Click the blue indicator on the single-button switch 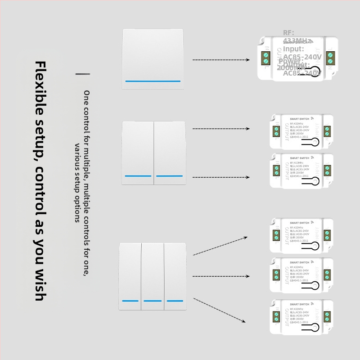coord(153,81)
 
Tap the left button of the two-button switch coord(138,152)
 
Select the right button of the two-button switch coord(169,152)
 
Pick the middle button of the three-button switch coord(153,275)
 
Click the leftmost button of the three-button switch coord(130,275)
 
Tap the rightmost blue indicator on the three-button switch coord(175,300)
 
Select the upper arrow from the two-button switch coord(220,129)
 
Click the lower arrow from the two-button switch coord(220,177)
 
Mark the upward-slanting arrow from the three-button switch coord(220,245)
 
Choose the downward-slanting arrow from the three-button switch coord(220,310)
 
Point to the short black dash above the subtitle coord(82,73)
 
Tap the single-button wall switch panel coord(153,59)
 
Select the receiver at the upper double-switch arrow coord(301,131)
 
